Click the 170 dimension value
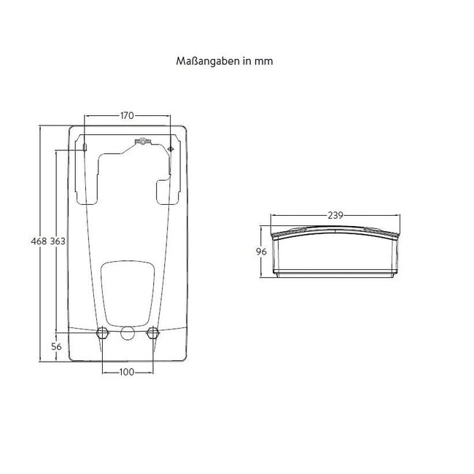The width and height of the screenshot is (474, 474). pyautogui.click(x=128, y=114)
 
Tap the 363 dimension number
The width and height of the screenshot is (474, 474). pyautogui.click(x=58, y=241)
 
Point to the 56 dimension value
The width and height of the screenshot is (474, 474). pyautogui.click(x=57, y=347)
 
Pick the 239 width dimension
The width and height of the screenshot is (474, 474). pyautogui.click(x=335, y=215)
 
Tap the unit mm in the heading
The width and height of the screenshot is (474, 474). pyautogui.click(x=265, y=62)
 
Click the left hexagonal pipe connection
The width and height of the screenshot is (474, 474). pyautogui.click(x=102, y=334)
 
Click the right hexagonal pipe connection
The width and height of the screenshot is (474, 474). pyautogui.click(x=152, y=334)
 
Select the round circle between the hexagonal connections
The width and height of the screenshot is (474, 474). pyautogui.click(x=128, y=335)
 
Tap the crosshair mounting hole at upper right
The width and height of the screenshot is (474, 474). pyautogui.click(x=171, y=149)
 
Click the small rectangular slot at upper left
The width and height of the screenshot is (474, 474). pyautogui.click(x=85, y=148)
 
